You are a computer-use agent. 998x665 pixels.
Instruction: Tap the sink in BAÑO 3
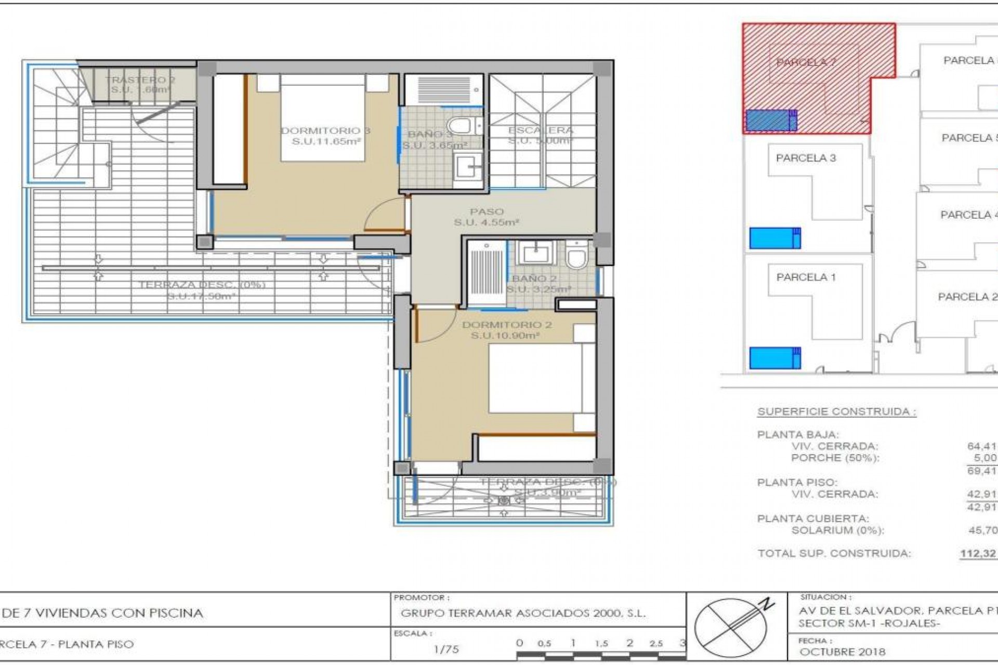[x=469, y=167]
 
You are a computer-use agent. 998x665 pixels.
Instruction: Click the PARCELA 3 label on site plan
[x=806, y=158]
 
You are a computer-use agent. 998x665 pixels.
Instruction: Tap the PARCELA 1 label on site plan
[x=806, y=277]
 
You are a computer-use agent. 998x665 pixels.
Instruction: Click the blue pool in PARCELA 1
[x=774, y=358]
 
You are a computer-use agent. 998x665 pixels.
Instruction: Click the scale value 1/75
[x=445, y=649]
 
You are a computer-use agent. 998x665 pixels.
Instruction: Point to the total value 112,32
[x=978, y=554]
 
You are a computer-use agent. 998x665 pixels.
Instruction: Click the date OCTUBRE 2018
[x=842, y=652]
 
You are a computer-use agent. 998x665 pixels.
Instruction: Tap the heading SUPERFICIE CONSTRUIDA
[x=836, y=412]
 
